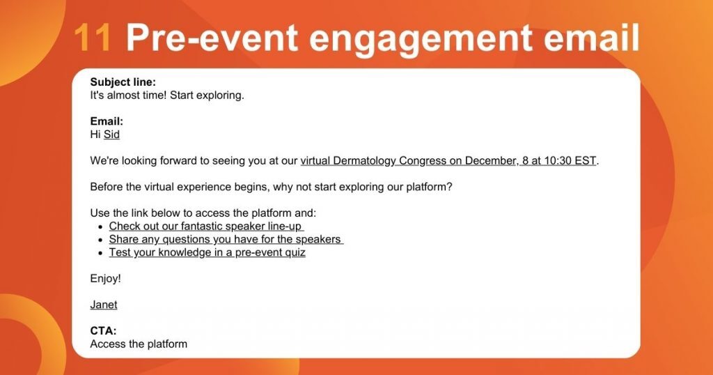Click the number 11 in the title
tap(92, 38)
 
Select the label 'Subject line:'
tap(123, 82)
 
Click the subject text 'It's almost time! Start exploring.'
tap(167, 95)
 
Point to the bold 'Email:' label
tap(107, 121)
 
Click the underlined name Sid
tap(111, 135)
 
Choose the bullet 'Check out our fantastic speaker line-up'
tap(206, 227)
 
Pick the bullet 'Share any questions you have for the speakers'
tap(225, 239)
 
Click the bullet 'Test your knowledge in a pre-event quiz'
tap(207, 252)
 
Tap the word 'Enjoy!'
tap(105, 279)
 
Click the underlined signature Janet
tap(104, 305)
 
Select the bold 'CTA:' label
tap(103, 331)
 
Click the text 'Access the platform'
tap(139, 344)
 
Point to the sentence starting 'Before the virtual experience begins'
tap(271, 187)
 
